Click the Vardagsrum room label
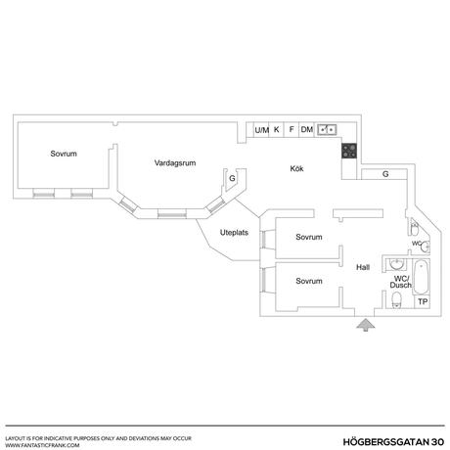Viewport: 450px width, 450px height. (175, 162)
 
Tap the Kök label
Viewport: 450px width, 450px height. (296, 168)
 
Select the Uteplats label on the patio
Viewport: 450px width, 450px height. (234, 233)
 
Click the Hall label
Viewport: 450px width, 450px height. (363, 267)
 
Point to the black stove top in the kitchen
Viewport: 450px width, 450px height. (349, 151)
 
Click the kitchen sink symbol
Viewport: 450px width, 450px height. (327, 130)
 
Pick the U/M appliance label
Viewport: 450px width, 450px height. (262, 130)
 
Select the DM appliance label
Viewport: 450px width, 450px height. (307, 129)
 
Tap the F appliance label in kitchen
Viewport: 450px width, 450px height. (292, 129)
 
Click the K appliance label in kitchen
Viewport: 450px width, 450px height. (277, 129)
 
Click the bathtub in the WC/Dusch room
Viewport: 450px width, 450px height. (422, 277)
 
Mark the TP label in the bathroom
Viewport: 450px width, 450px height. (423, 301)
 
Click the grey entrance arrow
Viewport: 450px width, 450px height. (365, 326)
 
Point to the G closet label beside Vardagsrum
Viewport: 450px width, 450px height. (232, 178)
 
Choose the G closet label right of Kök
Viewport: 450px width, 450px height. (385, 174)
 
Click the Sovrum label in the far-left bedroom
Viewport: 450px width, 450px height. (64, 154)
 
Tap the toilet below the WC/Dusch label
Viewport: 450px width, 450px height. (396, 300)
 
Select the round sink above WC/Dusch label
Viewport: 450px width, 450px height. (397, 264)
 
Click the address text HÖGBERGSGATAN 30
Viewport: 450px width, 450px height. (393, 442)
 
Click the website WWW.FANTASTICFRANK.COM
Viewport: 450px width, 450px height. (42, 445)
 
